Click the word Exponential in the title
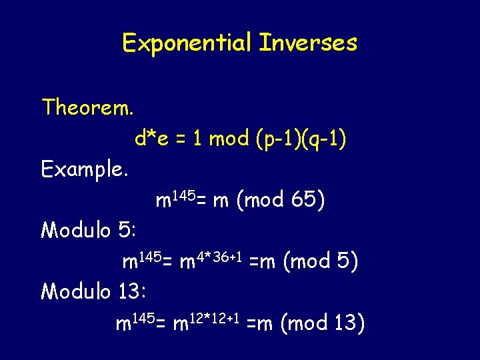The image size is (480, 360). pyautogui.click(x=187, y=43)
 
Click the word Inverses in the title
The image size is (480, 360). pyautogui.click(x=307, y=43)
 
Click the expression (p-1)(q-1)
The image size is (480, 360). pyautogui.click(x=300, y=139)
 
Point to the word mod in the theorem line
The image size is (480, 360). pyautogui.click(x=229, y=139)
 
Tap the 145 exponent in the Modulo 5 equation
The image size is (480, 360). pyautogui.click(x=151, y=254)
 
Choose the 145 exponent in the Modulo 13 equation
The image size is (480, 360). pyautogui.click(x=144, y=317)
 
